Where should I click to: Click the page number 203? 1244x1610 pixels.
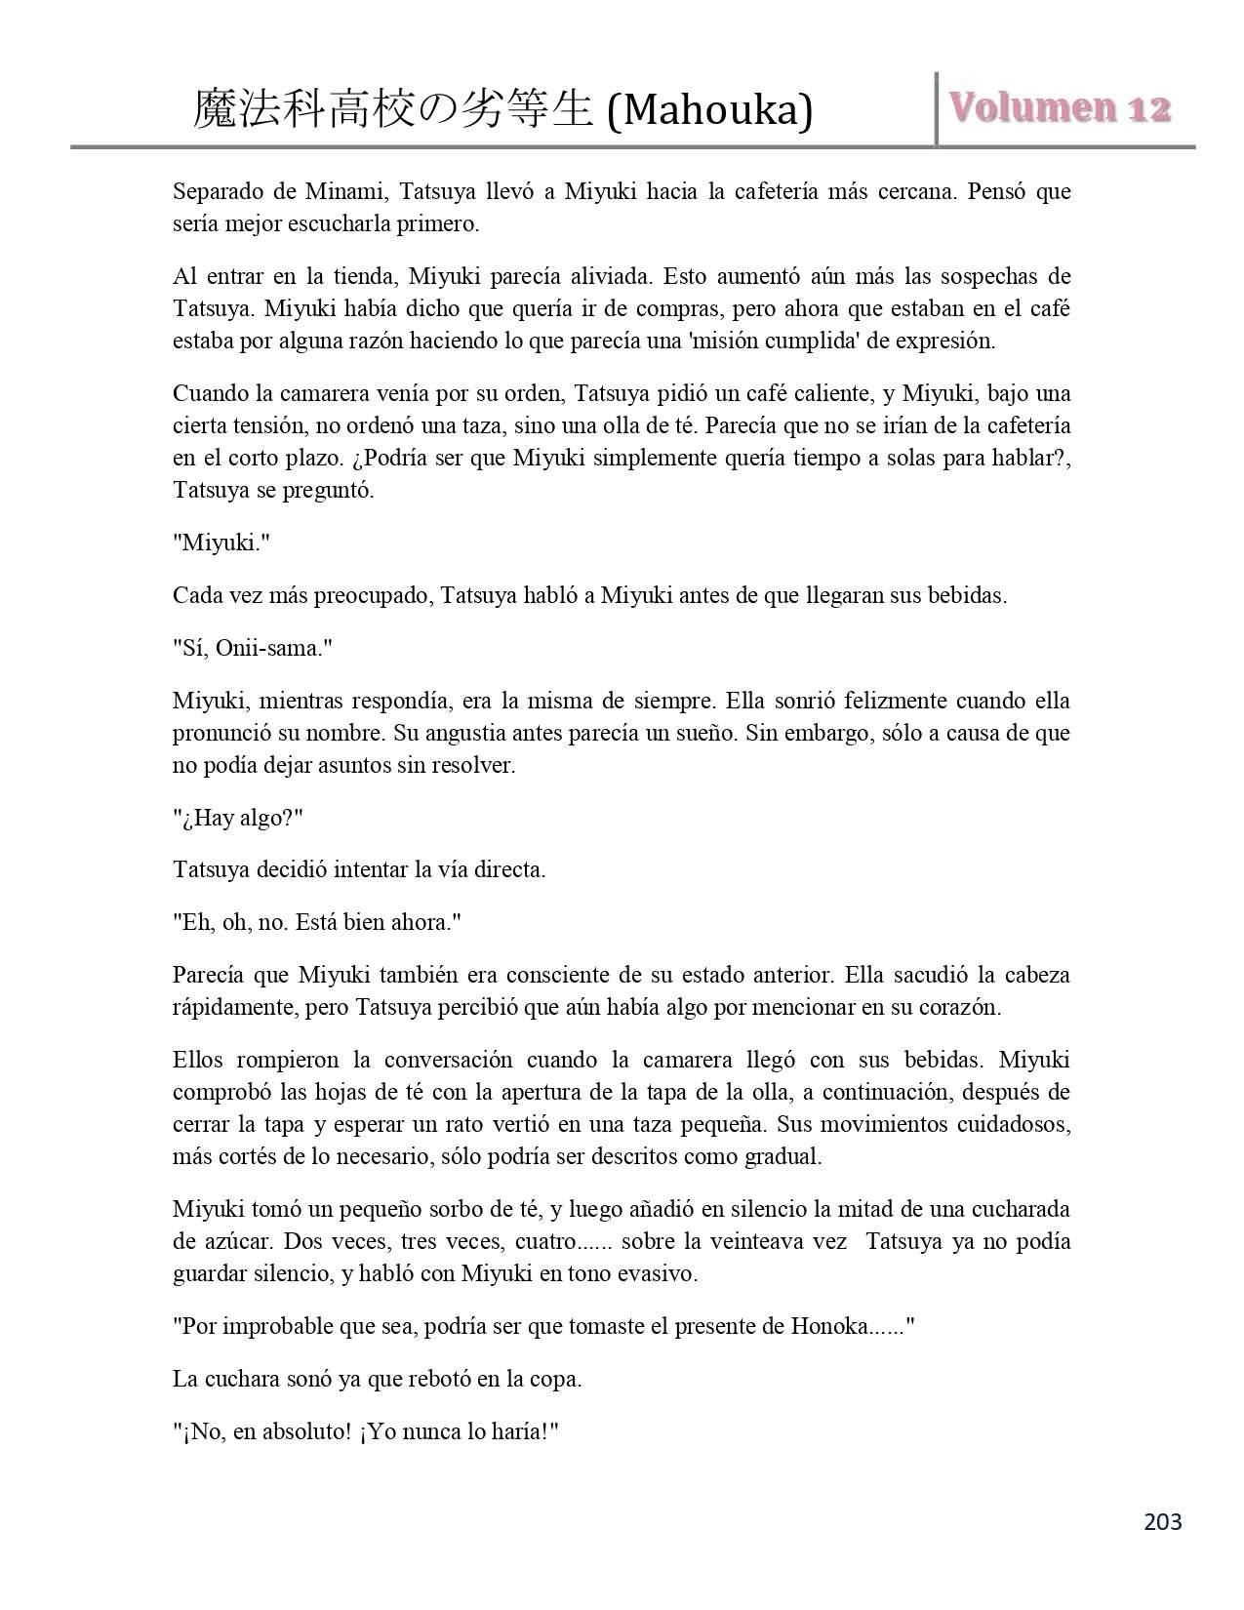[1162, 1521]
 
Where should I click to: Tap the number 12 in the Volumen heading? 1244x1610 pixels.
[1149, 108]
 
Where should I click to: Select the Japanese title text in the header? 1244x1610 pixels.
[393, 110]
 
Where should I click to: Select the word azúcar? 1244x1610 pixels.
[231, 1242]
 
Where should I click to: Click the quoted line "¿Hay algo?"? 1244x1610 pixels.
[238, 818]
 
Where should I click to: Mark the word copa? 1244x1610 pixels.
[558, 1380]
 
